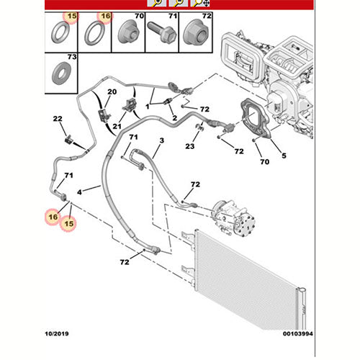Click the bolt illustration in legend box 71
pyautogui.click(x=162, y=32)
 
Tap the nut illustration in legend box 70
pyautogui.click(x=129, y=32)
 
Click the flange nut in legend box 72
pyautogui.click(x=196, y=32)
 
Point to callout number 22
pyautogui.click(x=58, y=119)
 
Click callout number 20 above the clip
pyautogui.click(x=112, y=91)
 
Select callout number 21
pyautogui.click(x=117, y=126)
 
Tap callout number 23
pyautogui.click(x=190, y=146)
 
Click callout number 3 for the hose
pyautogui.click(x=162, y=140)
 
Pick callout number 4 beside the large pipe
pyautogui.click(x=79, y=192)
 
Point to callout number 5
pyautogui.click(x=284, y=156)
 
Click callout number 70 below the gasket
pyautogui.click(x=265, y=162)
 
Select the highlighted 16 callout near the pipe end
pyautogui.click(x=53, y=217)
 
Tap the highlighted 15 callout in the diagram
pyautogui.click(x=69, y=224)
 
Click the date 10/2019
pyautogui.click(x=57, y=333)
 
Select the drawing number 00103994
pyautogui.click(x=298, y=333)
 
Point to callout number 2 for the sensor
pyautogui.click(x=175, y=118)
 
